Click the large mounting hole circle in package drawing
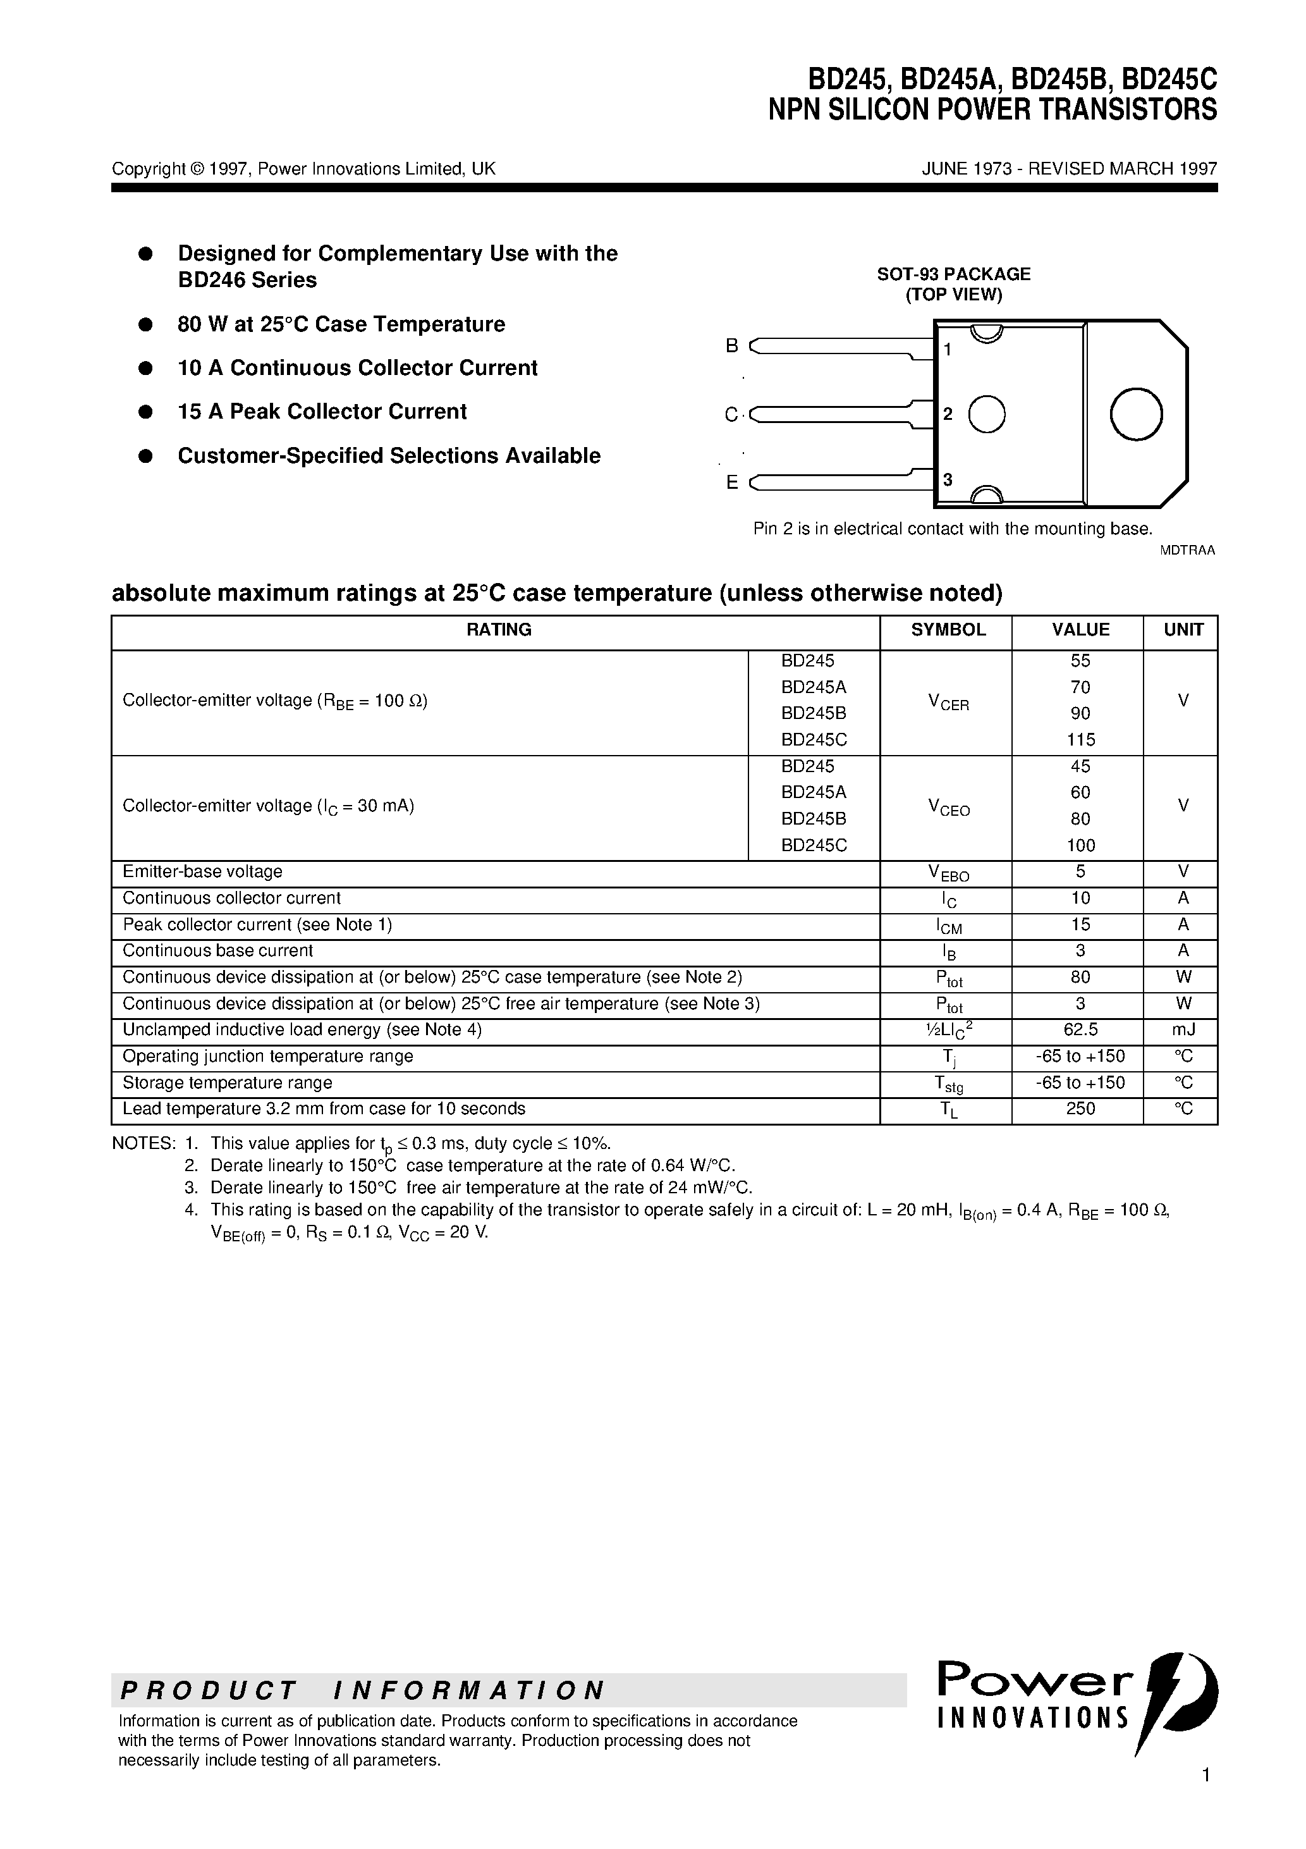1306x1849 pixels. point(1135,414)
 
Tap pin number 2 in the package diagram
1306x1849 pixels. point(948,414)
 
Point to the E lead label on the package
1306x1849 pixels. point(731,482)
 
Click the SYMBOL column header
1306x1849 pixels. point(948,630)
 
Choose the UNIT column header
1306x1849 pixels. point(1183,630)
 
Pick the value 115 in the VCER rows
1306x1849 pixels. point(1080,739)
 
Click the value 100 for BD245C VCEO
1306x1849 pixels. point(1080,845)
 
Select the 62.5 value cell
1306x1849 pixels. point(1080,1029)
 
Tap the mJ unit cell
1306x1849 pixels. point(1183,1029)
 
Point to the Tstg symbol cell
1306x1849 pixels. point(948,1084)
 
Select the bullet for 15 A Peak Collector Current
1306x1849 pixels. point(146,412)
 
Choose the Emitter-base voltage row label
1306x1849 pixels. point(202,871)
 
